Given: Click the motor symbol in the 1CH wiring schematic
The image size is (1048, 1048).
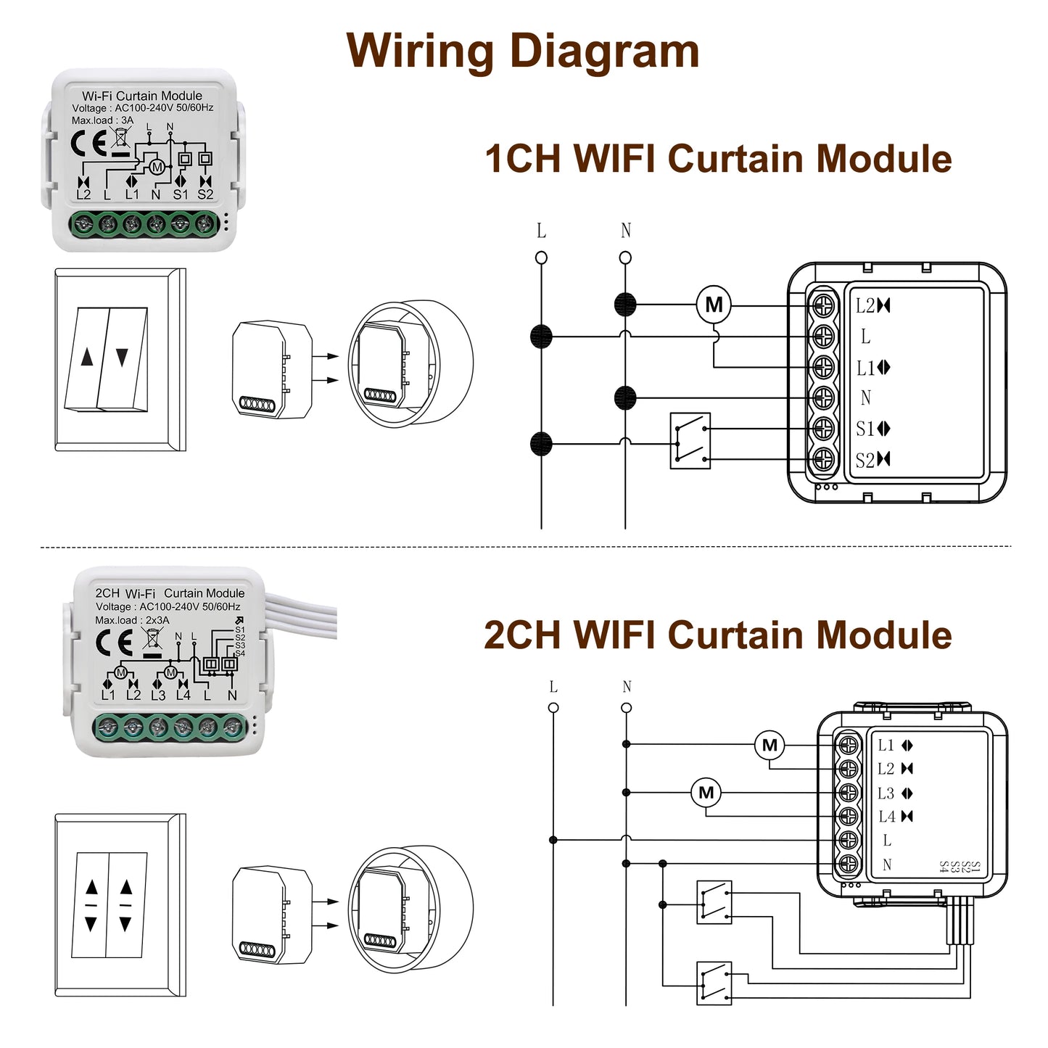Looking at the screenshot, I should click(x=714, y=305).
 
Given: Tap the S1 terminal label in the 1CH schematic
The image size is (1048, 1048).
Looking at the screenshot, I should click(x=865, y=429).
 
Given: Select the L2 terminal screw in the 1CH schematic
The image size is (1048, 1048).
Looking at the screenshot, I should click(x=823, y=306).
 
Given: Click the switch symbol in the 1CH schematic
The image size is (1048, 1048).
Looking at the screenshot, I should click(x=690, y=441).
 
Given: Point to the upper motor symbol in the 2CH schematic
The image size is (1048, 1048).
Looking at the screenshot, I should click(x=770, y=745).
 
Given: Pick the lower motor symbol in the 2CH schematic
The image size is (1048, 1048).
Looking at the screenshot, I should click(x=706, y=793).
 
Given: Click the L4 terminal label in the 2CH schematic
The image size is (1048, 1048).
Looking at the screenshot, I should click(x=887, y=817).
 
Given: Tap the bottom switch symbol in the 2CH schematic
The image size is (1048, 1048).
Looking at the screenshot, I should click(x=714, y=983).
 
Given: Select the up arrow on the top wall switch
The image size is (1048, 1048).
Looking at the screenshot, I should click(x=88, y=357).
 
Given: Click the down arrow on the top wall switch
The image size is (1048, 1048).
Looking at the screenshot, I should click(x=122, y=357).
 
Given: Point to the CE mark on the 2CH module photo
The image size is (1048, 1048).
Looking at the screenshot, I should click(x=114, y=642).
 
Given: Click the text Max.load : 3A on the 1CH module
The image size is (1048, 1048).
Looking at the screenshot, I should click(x=102, y=120).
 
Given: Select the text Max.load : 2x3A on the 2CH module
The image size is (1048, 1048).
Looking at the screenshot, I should click(x=132, y=620).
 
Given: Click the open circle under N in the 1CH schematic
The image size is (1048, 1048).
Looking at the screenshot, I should click(x=625, y=257).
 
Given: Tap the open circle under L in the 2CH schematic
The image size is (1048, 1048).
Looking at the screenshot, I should click(x=553, y=708).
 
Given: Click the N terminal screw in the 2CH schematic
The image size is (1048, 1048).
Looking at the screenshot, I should click(x=848, y=865).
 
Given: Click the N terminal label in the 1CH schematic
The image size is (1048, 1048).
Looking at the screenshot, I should click(x=865, y=397).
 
